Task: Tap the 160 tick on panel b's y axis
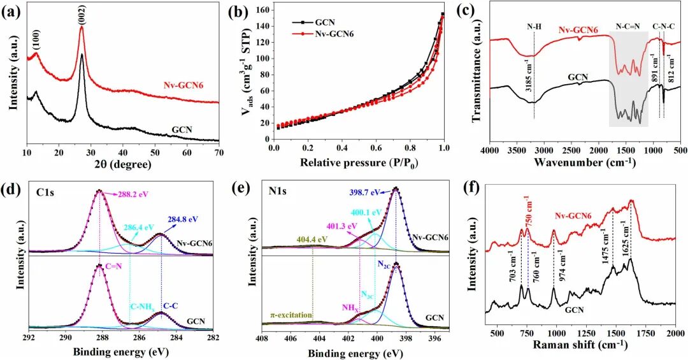(263, 11)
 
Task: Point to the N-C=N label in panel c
(628, 27)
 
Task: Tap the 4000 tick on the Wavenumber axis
(489, 150)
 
